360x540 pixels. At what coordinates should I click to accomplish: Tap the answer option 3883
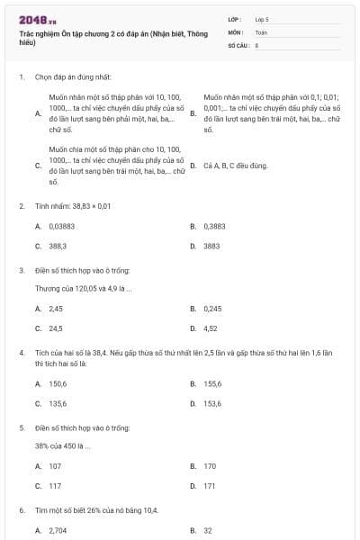[x=211, y=245]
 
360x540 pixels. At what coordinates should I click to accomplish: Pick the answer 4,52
[x=211, y=328]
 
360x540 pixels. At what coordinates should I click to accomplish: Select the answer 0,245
[x=212, y=309]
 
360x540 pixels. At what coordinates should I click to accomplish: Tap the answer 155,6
[x=212, y=383]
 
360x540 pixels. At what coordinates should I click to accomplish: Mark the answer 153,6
[x=212, y=403]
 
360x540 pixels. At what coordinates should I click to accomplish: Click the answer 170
[x=210, y=466]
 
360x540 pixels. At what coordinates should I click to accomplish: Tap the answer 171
[x=210, y=486]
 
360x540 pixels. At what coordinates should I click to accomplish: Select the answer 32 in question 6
[x=208, y=530]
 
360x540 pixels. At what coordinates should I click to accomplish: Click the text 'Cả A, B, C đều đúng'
[x=236, y=166]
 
